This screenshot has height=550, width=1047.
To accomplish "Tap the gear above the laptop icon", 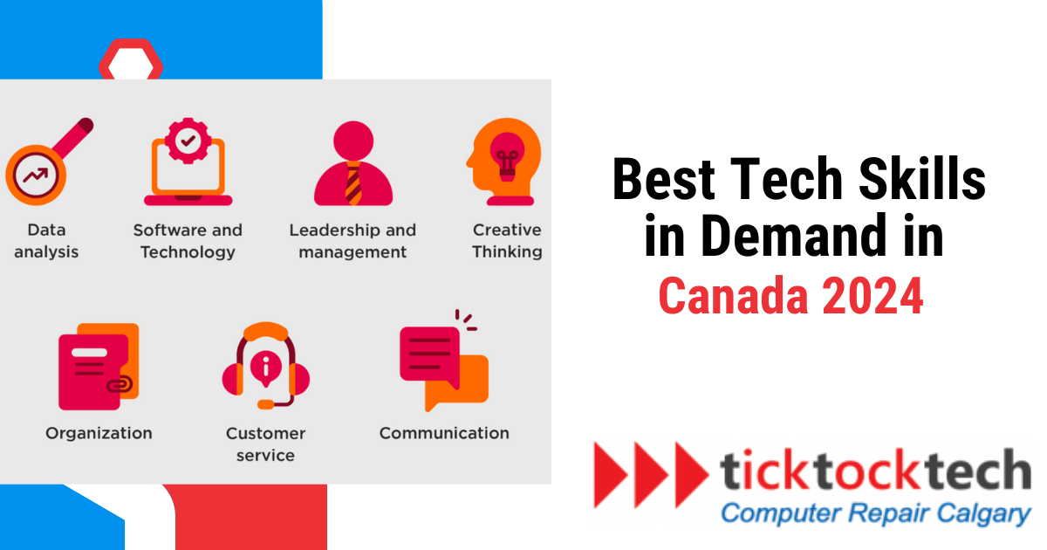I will [x=185, y=139].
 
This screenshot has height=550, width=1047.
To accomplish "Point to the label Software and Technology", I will [x=188, y=241].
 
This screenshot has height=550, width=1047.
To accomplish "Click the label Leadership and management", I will [x=352, y=241].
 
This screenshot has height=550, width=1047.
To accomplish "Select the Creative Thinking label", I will [x=507, y=241].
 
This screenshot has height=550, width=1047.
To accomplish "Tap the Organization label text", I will [x=99, y=433].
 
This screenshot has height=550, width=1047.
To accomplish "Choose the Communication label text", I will [x=444, y=433].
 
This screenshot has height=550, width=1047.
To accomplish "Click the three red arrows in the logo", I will [x=651, y=474].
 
